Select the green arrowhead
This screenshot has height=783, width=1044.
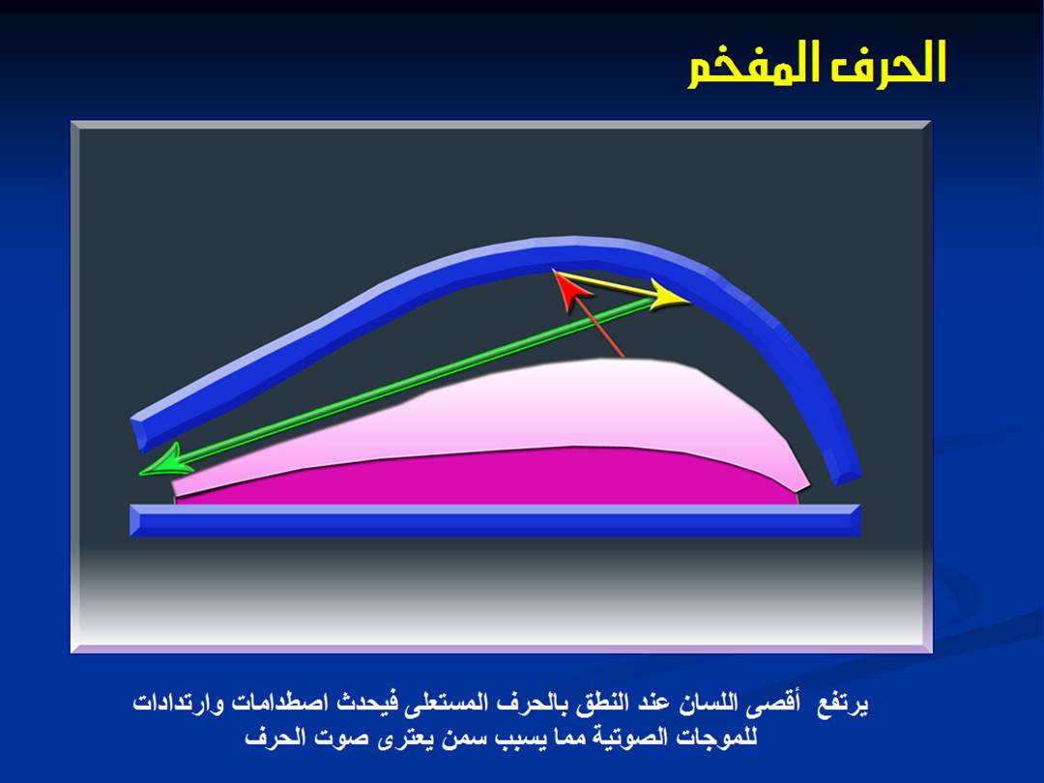[165, 461]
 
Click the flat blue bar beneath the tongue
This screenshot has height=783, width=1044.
[495, 521]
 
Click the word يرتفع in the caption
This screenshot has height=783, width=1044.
[843, 704]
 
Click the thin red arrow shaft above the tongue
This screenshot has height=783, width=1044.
[600, 329]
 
